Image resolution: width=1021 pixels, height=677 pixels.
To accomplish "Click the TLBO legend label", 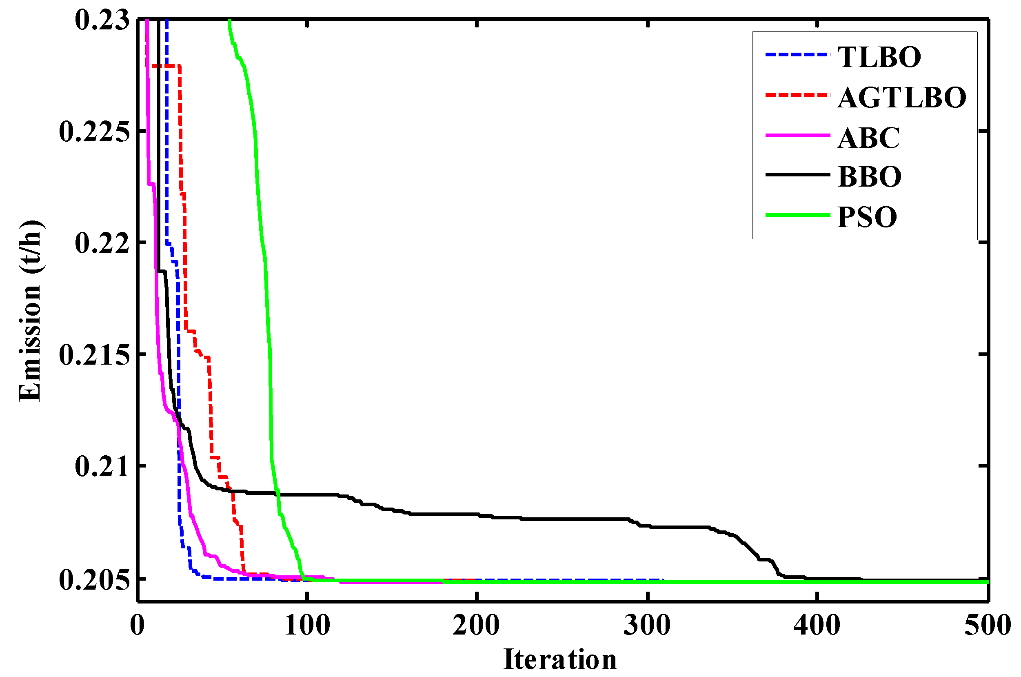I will click(x=879, y=57).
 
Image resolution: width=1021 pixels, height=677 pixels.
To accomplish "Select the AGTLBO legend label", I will click(x=901, y=97).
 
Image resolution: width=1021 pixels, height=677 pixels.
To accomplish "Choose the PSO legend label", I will click(x=867, y=217).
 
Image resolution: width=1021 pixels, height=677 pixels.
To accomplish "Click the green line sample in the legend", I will click(x=797, y=215).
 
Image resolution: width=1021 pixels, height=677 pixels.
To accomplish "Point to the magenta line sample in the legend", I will click(x=797, y=136).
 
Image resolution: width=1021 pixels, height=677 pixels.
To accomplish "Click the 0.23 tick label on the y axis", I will click(x=102, y=20).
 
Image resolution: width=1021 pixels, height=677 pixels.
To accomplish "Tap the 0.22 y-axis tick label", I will click(x=102, y=243).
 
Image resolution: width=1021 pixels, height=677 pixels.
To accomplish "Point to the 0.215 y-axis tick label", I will click(x=94, y=355).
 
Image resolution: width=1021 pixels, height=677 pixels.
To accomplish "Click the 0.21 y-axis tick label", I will click(x=102, y=466).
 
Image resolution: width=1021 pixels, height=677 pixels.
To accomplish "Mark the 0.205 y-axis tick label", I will click(x=94, y=580).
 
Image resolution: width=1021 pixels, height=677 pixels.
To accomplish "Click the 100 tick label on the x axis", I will click(x=307, y=625).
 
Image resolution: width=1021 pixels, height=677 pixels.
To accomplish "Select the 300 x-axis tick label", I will click(x=647, y=625).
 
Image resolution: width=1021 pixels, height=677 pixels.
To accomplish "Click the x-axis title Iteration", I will click(x=560, y=660).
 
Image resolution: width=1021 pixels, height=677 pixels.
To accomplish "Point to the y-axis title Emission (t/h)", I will click(x=30, y=311).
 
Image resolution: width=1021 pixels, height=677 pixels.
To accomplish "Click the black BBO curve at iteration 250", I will click(x=562, y=519).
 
